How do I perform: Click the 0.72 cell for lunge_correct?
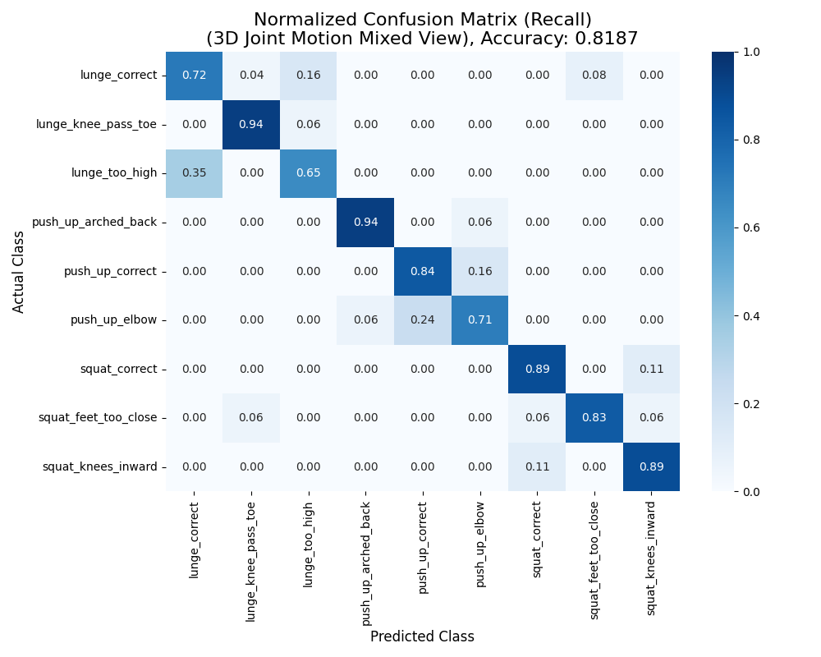pos(194,76)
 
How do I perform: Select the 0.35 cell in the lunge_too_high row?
pos(194,173)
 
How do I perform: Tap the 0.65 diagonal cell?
pos(308,173)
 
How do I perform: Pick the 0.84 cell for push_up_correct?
pos(423,271)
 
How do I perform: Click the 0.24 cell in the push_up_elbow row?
pos(423,320)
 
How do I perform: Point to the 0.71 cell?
pos(479,320)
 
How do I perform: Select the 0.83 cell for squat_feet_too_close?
pos(594,418)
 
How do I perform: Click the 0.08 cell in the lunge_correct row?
pos(594,76)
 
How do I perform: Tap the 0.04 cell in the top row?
pos(251,76)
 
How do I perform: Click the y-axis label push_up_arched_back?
pos(94,223)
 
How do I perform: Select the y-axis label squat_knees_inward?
pos(99,467)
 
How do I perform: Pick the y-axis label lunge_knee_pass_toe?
pos(96,125)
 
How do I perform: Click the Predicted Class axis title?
pos(422,636)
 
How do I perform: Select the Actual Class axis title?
pos(19,271)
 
